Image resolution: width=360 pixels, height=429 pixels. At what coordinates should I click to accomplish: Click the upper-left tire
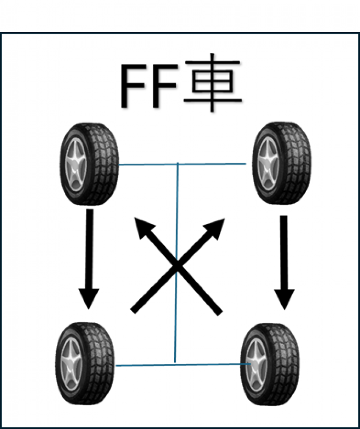[89, 164]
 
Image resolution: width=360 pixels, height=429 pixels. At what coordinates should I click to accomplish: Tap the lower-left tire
[85, 363]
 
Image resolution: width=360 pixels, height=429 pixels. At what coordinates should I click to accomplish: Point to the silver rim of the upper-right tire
[268, 163]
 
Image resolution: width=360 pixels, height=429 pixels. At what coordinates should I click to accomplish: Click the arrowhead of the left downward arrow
[89, 298]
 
